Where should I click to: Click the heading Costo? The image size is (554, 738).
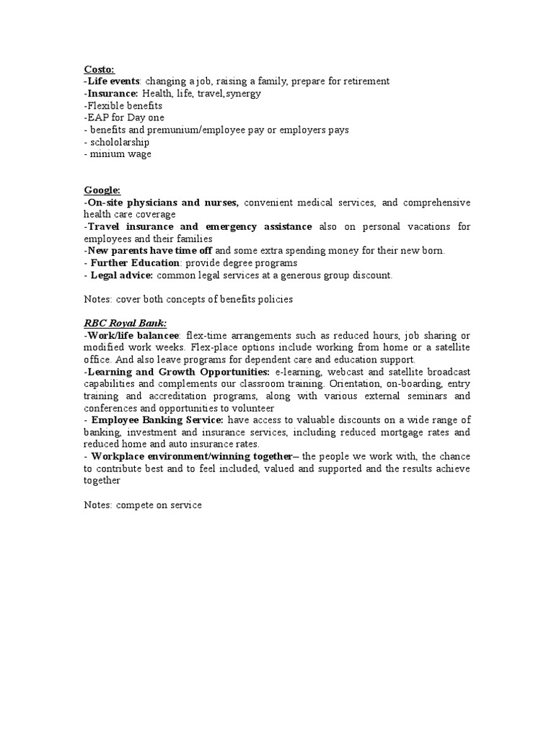(99, 69)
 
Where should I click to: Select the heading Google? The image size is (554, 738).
(102, 190)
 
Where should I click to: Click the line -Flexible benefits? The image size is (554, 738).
(123, 105)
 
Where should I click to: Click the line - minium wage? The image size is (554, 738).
(118, 154)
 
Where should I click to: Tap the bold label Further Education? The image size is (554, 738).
(133, 263)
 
